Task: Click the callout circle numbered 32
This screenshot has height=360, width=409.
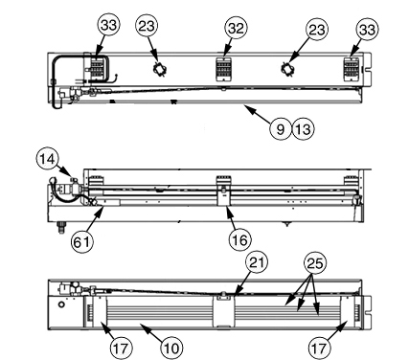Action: tap(236, 29)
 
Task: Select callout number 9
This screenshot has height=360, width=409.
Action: tap(281, 129)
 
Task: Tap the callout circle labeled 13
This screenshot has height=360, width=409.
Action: tap(304, 129)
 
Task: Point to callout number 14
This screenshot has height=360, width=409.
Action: tap(48, 159)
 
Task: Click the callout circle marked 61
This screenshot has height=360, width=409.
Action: tap(82, 242)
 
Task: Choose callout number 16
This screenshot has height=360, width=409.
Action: tap(239, 239)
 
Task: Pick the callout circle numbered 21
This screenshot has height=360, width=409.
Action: tap(257, 262)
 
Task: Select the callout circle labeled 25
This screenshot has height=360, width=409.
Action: tap(315, 263)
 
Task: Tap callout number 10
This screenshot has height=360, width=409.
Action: tap(171, 348)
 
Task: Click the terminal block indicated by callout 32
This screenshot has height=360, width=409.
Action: tap(224, 69)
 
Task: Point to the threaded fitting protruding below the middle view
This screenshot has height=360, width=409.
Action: tap(61, 228)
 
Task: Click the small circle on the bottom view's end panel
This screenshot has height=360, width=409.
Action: tap(61, 304)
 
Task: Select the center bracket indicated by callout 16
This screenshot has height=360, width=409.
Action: tap(223, 195)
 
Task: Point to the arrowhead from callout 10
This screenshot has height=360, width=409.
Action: tap(142, 326)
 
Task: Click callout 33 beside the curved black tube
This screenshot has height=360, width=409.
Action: tap(108, 25)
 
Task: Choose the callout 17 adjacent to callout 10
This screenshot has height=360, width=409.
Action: tap(121, 348)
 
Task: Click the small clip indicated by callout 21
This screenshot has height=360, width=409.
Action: tap(223, 297)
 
